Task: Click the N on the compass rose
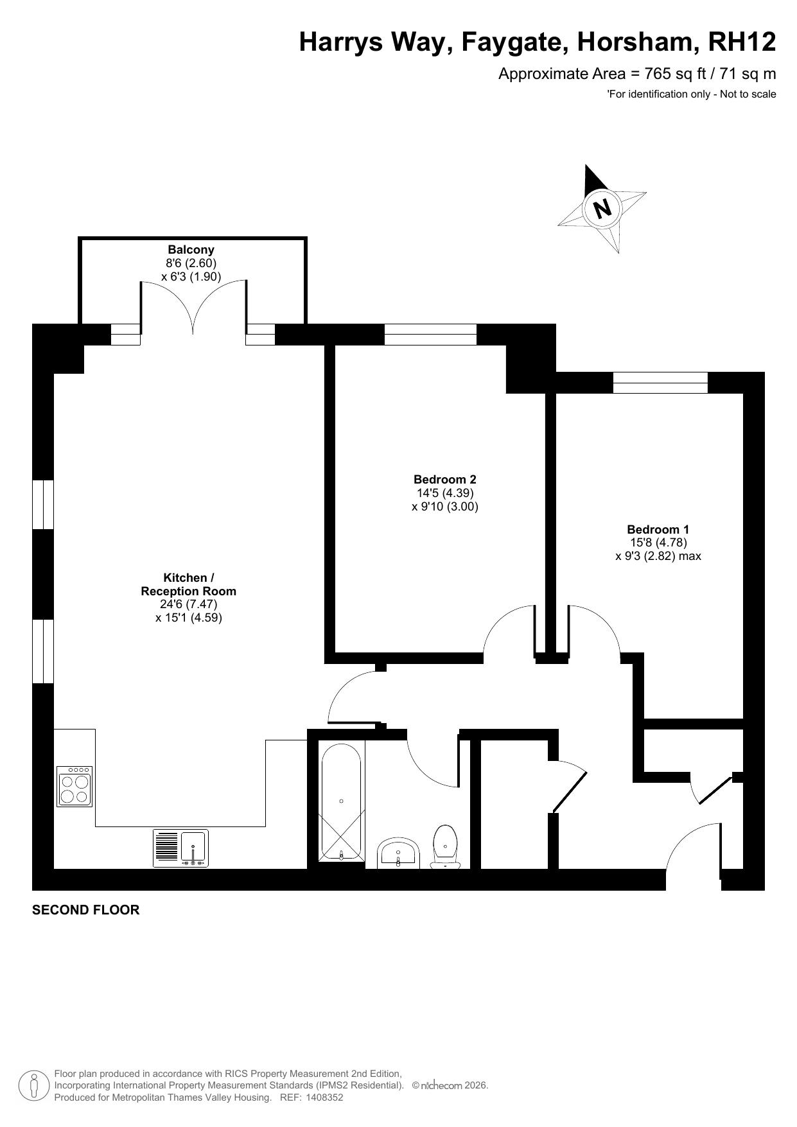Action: point(602,209)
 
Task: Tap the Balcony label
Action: point(191,249)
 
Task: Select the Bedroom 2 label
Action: point(445,479)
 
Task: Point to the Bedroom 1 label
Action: point(658,529)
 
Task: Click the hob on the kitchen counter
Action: point(74,786)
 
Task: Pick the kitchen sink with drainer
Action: point(181,848)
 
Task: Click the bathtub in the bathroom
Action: point(342,801)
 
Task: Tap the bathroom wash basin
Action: point(399,853)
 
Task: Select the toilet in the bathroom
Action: point(445,847)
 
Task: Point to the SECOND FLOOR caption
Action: point(85,910)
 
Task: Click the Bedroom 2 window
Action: point(430,335)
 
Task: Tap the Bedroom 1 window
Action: point(660,383)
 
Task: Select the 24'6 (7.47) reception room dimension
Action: point(189,604)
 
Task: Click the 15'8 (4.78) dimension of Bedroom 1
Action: point(658,543)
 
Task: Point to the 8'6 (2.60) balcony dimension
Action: point(191,263)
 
